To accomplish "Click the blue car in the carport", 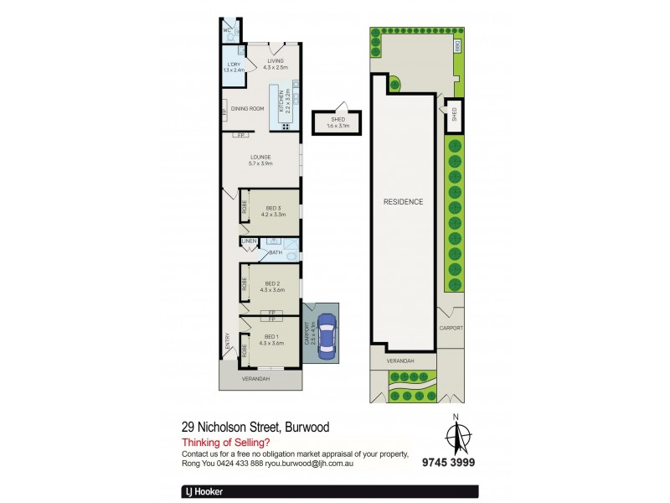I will pyautogui.click(x=324, y=334).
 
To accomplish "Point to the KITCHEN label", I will pyautogui.click(x=286, y=101).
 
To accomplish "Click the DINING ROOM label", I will pyautogui.click(x=248, y=109).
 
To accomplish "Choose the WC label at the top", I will pyautogui.click(x=227, y=30).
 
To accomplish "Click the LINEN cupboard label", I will pyautogui.click(x=249, y=242).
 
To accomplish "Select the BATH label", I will pyautogui.click(x=276, y=251).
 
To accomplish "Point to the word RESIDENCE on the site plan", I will pyautogui.click(x=403, y=202).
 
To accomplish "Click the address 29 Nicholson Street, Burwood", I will pyautogui.click(x=255, y=428).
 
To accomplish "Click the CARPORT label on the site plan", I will pyautogui.click(x=451, y=328).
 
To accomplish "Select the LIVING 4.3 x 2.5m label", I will pyautogui.click(x=276, y=64).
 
